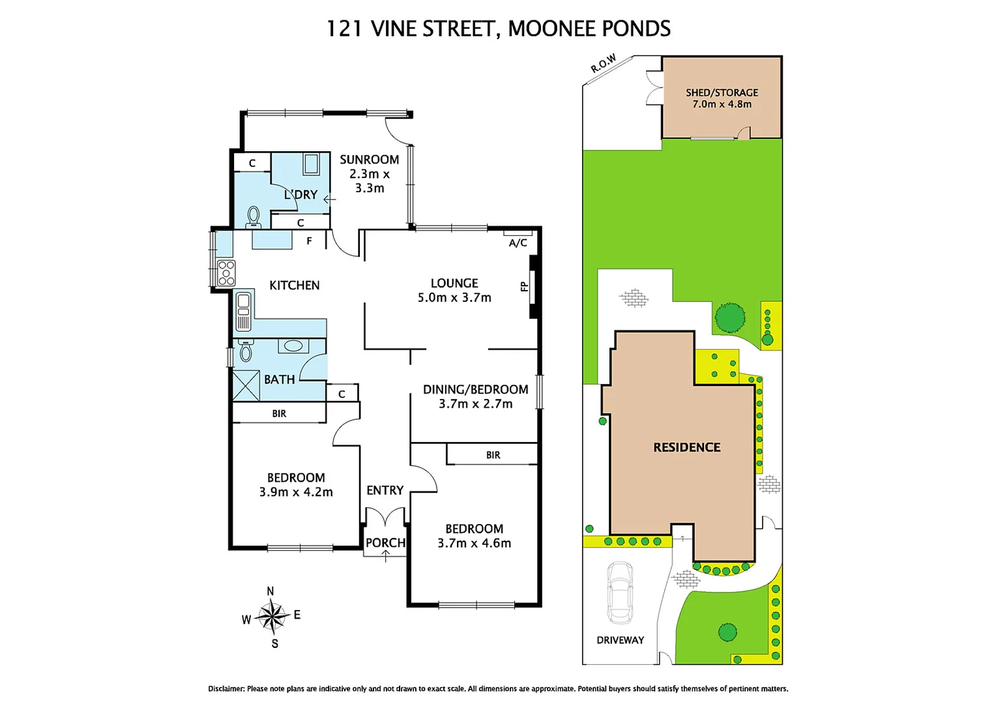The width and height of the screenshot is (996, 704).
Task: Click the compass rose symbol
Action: tap(272, 616)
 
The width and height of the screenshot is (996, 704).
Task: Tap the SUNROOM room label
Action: tap(369, 160)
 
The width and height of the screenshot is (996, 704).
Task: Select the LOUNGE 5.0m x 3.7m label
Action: tap(454, 290)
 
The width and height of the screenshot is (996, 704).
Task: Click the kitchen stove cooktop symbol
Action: tap(226, 272)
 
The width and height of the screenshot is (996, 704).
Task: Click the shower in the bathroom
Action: tap(246, 385)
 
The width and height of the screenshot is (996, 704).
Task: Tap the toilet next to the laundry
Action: tap(254, 216)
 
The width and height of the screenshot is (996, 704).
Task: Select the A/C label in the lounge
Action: tap(518, 243)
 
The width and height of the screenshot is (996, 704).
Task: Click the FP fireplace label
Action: tap(523, 286)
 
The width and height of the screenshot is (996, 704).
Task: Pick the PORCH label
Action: tap(385, 542)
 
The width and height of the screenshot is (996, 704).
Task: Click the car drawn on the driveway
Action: tap(619, 593)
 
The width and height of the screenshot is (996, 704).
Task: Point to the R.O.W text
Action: tap(603, 63)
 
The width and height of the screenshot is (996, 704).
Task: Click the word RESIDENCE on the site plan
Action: tap(686, 447)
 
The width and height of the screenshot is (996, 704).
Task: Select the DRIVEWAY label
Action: tap(620, 640)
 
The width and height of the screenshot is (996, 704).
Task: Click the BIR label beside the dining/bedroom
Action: tap(493, 455)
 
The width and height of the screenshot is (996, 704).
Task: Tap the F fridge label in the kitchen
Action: tap(309, 241)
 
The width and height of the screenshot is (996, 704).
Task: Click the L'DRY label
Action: tap(300, 194)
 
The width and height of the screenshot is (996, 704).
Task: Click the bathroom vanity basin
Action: tap(293, 345)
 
